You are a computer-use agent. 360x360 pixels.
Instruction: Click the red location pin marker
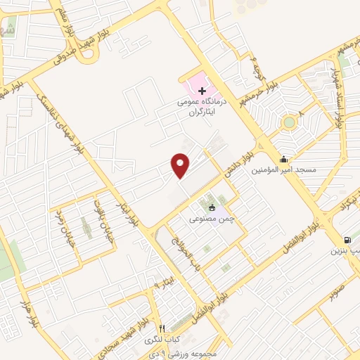[181, 165]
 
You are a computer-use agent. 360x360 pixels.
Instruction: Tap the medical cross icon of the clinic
[202, 91]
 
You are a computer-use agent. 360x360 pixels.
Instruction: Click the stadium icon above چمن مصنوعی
[211, 207]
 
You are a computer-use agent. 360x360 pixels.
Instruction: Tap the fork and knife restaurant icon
[162, 328]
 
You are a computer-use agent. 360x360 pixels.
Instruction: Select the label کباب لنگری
[162, 340]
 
